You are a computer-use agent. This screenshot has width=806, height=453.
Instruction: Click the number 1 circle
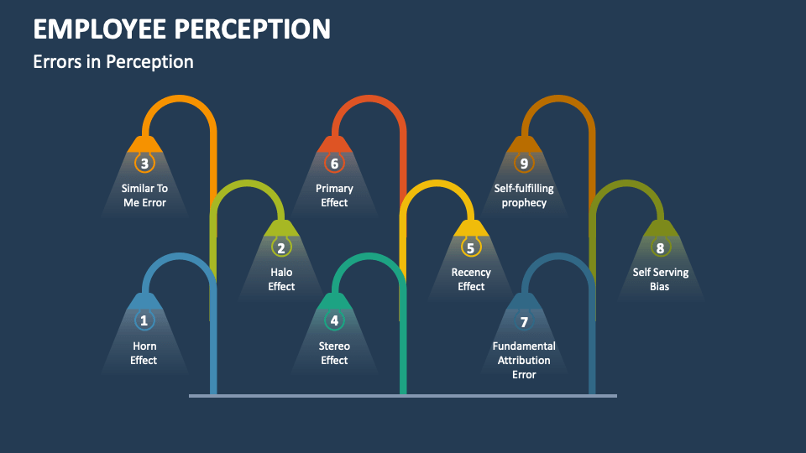click(x=144, y=320)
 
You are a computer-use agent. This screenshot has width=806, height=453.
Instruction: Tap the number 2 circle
click(x=281, y=247)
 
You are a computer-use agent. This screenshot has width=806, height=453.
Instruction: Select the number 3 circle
click(x=144, y=164)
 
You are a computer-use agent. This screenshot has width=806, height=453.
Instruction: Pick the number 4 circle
click(x=334, y=320)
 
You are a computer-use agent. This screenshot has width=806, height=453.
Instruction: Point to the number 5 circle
click(x=470, y=247)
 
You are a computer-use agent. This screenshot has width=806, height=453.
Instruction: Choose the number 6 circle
click(x=334, y=164)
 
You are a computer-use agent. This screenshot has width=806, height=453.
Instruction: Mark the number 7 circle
click(x=524, y=321)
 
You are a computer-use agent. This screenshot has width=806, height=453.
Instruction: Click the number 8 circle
click(x=660, y=247)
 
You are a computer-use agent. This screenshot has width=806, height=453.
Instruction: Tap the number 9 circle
click(x=524, y=164)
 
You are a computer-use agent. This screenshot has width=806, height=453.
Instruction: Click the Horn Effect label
click(x=144, y=353)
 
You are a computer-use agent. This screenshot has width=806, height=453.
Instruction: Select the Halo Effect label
click(x=281, y=279)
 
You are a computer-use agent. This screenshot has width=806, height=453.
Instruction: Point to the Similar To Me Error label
click(x=144, y=195)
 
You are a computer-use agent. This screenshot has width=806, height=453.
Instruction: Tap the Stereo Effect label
click(x=334, y=353)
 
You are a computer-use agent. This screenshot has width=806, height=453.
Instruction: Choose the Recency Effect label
click(x=471, y=279)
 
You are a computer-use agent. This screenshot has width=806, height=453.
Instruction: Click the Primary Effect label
click(x=334, y=195)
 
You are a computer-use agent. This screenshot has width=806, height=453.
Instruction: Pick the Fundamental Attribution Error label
click(x=524, y=360)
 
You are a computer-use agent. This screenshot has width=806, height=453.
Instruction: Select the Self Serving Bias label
click(x=660, y=279)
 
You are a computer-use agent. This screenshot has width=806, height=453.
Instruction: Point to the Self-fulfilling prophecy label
click(x=524, y=195)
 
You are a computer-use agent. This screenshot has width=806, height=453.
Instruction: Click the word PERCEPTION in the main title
click(x=253, y=29)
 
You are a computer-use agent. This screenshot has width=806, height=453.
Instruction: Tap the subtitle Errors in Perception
click(x=113, y=62)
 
